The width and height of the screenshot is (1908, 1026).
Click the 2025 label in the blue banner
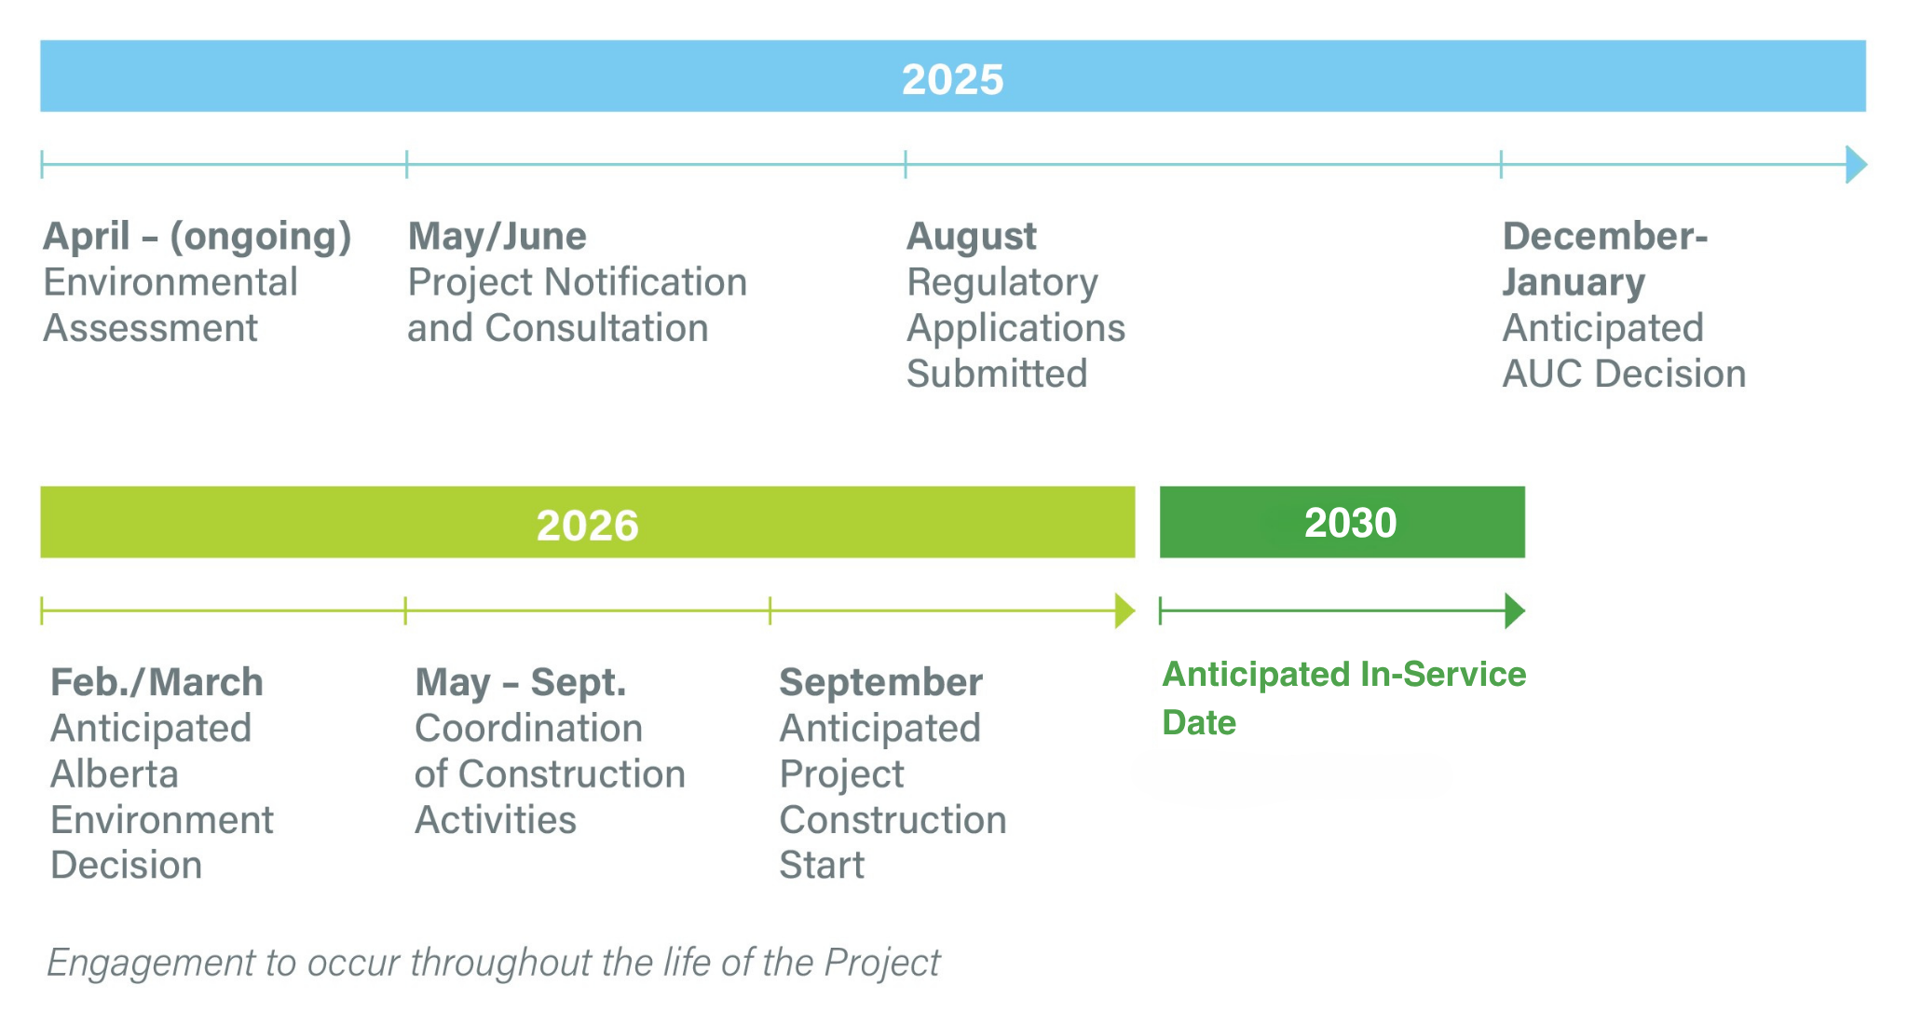pos(952,79)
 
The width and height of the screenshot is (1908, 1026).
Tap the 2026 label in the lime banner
pos(587,526)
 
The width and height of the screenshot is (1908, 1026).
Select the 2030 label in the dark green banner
pos(1350,523)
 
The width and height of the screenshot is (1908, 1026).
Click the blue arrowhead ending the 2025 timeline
pos(1856,165)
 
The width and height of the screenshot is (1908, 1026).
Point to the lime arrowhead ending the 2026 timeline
pos(1124,611)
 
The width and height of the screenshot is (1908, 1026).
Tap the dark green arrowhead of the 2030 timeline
pos(1515,611)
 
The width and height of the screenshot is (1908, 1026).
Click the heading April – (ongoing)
pos(198,238)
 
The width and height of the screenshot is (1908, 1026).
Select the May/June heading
pos(497,238)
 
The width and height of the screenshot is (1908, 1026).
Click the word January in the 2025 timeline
pos(1574,283)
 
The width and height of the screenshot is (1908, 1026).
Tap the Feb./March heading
pos(157,683)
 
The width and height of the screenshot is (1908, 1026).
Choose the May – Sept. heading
pos(521,684)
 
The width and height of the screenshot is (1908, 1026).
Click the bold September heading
pos(880,684)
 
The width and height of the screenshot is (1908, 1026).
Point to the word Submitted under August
pos(997,375)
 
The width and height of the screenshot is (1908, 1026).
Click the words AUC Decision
pos(1624,375)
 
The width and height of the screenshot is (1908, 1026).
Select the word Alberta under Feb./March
pos(115,774)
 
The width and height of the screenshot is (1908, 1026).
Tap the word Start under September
pos(822,866)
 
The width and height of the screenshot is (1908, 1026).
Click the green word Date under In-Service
pos(1199,723)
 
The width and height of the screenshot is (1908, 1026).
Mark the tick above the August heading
pos(905,165)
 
